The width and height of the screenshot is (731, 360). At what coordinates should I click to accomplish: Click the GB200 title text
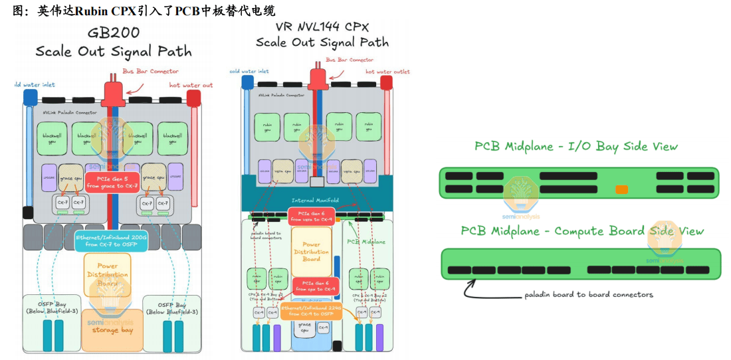click(x=113, y=34)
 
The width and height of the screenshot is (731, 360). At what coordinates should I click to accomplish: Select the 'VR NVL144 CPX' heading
click(x=322, y=27)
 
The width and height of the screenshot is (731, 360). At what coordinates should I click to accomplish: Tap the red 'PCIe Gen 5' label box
click(x=112, y=181)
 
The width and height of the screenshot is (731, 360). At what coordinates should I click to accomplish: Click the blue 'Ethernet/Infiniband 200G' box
click(x=111, y=240)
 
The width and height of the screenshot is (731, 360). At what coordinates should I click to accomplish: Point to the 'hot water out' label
click(x=191, y=85)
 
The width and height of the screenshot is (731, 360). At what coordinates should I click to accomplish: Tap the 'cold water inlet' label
click(x=249, y=71)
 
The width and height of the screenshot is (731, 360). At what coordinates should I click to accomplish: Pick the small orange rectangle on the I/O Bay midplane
click(x=621, y=189)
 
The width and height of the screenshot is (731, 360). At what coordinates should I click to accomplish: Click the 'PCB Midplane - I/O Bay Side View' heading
click(x=576, y=147)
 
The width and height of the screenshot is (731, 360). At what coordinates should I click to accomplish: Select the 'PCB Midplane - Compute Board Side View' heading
click(x=582, y=231)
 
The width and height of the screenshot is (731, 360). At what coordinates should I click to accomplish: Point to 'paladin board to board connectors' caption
click(x=589, y=294)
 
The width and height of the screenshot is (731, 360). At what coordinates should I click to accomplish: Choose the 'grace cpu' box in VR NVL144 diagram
click(x=306, y=330)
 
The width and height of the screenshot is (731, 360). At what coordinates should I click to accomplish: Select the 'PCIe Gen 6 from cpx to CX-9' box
click(x=314, y=286)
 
